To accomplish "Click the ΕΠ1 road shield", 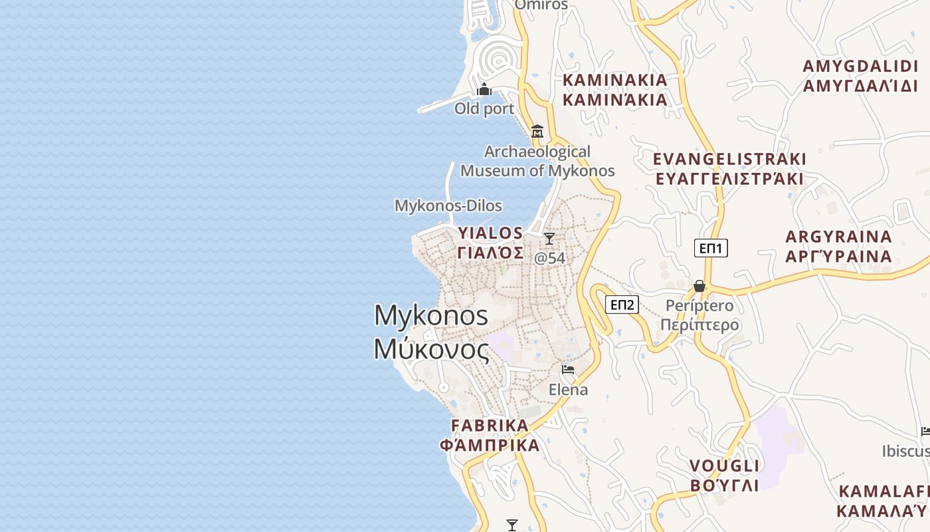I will (x=711, y=249).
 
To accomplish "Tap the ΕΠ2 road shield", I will (x=622, y=305).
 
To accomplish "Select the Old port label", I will (x=484, y=108).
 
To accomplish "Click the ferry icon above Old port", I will (x=484, y=89).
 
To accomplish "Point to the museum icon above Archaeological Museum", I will (x=537, y=131).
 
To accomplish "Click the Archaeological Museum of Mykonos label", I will (x=537, y=162).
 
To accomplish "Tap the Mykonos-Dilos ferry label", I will (x=448, y=205).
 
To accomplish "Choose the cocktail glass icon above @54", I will (x=549, y=239).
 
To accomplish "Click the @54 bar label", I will (x=550, y=258).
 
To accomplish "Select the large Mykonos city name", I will (x=432, y=332).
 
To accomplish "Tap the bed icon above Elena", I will (x=568, y=370).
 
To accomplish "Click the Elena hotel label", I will (x=568, y=389).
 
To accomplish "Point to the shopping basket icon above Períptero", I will (x=699, y=286).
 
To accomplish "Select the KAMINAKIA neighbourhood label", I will (x=615, y=90).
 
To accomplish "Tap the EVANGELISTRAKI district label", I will (x=729, y=169).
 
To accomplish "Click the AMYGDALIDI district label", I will (x=860, y=76).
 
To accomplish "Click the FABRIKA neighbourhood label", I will (x=490, y=435).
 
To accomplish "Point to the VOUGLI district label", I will (x=725, y=475).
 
